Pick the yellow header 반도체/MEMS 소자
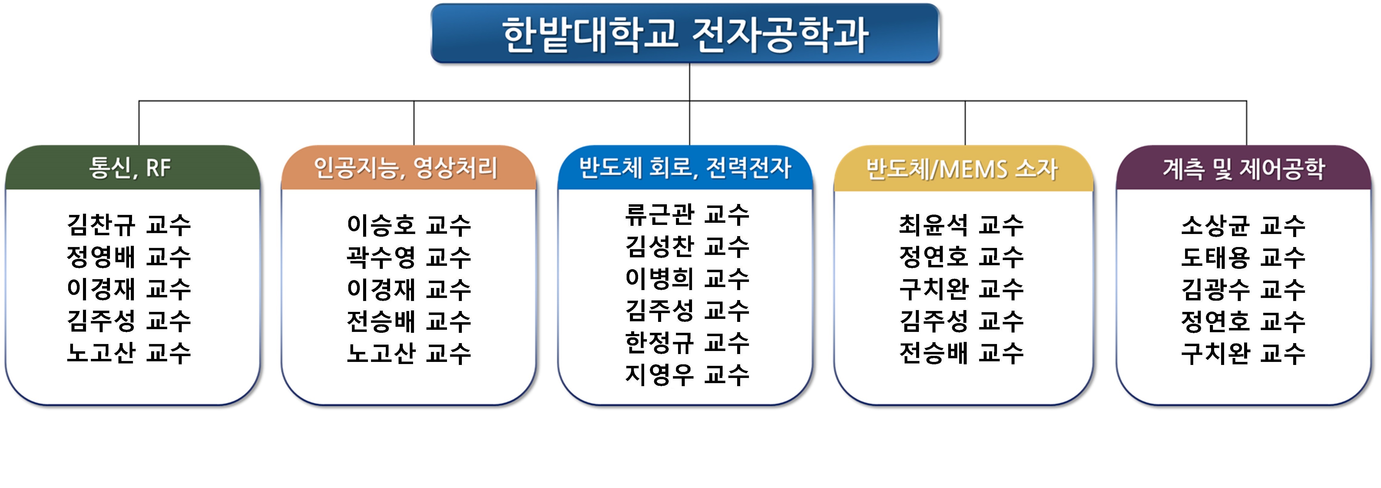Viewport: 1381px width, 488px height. pyautogui.click(x=963, y=168)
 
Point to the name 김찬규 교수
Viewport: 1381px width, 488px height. pyautogui.click(x=129, y=225)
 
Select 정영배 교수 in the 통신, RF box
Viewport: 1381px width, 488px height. pyautogui.click(x=129, y=257)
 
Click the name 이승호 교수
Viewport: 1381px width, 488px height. pyautogui.click(x=409, y=225)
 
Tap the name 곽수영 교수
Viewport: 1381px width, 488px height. pyautogui.click(x=409, y=257)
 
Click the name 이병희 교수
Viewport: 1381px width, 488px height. pyautogui.click(x=687, y=278)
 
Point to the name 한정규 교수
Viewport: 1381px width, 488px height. pyautogui.click(x=687, y=342)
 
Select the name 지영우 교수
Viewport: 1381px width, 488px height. pyautogui.click(x=687, y=374)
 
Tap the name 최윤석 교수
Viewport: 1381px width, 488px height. pyautogui.click(x=962, y=225)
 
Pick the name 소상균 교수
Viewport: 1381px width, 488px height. pyautogui.click(x=1243, y=225)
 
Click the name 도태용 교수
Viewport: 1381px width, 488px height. pyautogui.click(x=1243, y=257)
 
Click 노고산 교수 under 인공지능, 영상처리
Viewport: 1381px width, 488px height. pyautogui.click(x=409, y=353)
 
